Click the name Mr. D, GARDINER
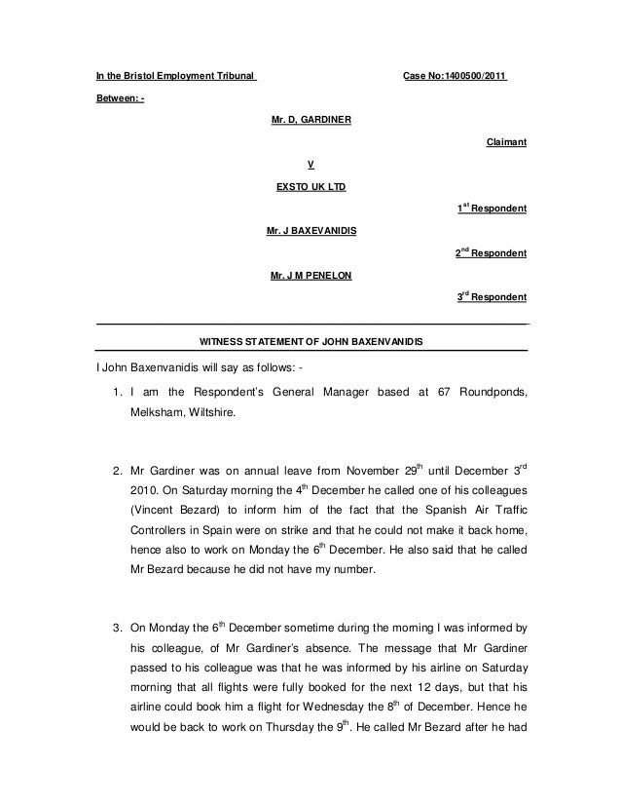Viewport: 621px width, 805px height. (x=311, y=120)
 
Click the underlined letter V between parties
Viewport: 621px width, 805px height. (x=310, y=164)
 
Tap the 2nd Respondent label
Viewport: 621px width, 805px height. (x=492, y=253)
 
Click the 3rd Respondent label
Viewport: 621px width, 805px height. (x=492, y=297)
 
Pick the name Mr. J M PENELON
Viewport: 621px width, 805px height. (x=311, y=275)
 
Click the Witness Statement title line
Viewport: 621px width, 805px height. (x=311, y=341)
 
